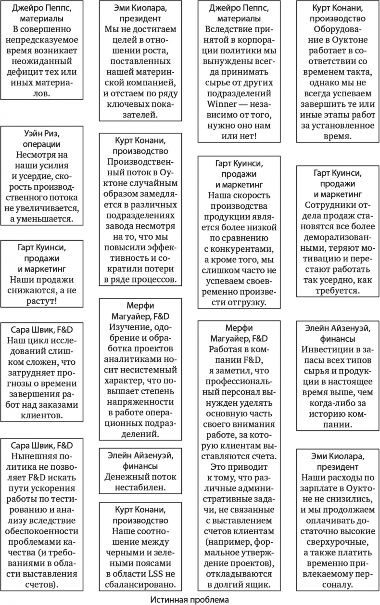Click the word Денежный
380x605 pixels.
pyautogui.click(x=126, y=476)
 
